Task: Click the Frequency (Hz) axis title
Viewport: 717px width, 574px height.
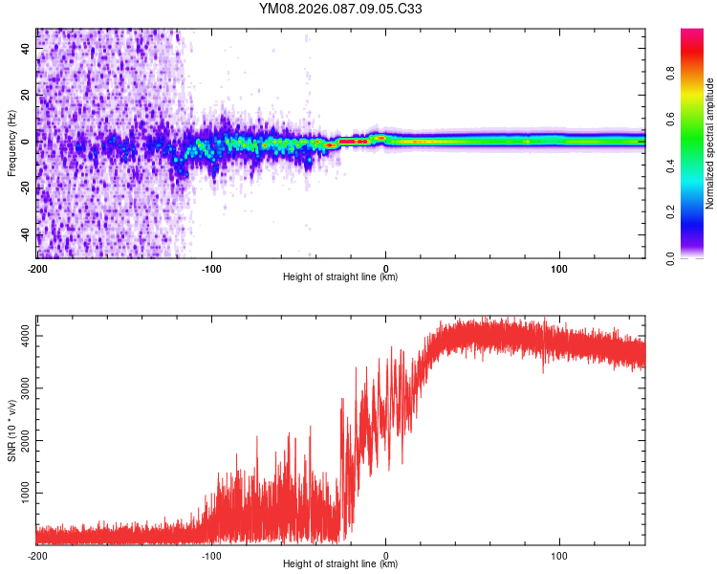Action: (11, 143)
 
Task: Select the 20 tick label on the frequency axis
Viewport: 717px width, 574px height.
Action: (26, 95)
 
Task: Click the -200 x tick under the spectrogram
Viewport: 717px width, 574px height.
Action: (37, 269)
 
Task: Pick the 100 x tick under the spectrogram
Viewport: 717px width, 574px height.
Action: (559, 269)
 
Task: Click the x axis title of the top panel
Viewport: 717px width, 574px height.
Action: (340, 277)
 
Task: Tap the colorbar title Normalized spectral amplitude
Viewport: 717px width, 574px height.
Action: (710, 143)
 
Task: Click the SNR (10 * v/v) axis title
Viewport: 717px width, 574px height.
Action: (11, 430)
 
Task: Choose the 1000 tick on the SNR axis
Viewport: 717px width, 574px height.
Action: (20, 493)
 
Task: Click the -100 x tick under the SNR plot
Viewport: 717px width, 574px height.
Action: (211, 555)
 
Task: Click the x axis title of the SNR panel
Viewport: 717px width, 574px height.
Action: (340, 564)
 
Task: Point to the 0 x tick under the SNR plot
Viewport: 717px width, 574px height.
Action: (386, 555)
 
